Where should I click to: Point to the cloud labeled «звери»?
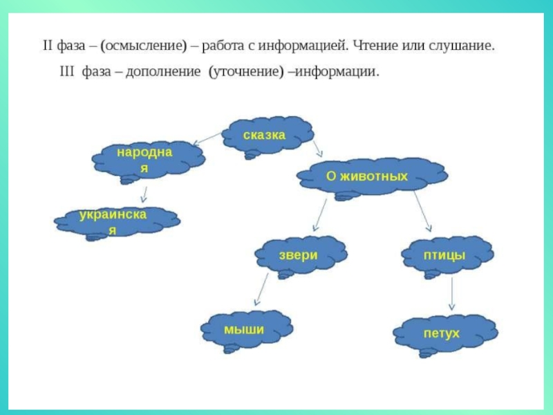298,255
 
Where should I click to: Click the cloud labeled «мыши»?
244,330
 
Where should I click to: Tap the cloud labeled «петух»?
442,334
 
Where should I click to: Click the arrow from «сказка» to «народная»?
207,139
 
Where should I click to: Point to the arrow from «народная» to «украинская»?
143,194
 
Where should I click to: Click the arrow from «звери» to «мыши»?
261,288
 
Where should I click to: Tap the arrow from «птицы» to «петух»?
451,294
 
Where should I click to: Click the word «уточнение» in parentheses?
245,72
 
